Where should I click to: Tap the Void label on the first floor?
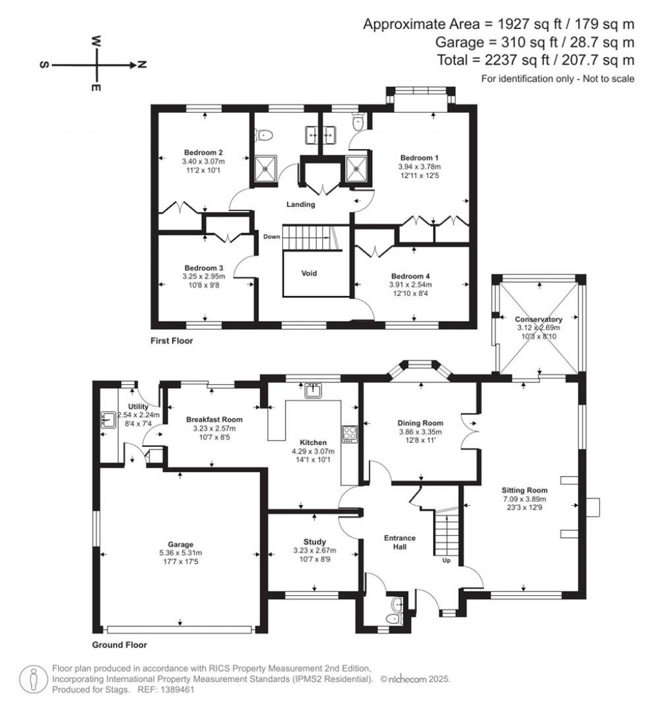309,273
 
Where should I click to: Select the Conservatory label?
538,319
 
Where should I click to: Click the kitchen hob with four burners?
350,434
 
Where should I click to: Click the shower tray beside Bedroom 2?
264,170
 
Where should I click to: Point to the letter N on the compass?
142,64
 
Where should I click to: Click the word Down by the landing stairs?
271,237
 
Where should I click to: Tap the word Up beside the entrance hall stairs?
446,560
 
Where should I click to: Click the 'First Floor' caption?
171,340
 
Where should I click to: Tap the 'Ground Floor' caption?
120,644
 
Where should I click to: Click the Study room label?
315,541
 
